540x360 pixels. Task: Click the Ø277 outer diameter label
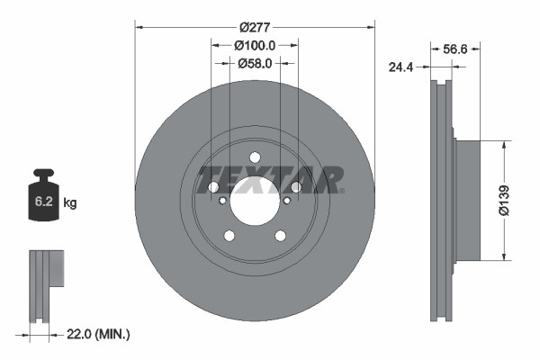click(255, 27)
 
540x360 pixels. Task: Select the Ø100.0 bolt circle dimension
click(255, 45)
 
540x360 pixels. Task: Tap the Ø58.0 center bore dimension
click(255, 63)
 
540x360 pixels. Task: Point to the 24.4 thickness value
click(400, 66)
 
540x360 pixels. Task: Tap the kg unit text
click(71, 203)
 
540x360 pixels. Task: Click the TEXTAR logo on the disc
click(270, 179)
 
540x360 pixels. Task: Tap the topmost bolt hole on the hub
click(255, 157)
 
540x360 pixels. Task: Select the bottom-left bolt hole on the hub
click(229, 236)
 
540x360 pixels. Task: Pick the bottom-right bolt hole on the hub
click(280, 236)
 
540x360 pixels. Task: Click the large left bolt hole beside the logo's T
click(213, 187)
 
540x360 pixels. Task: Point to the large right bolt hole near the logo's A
click(295, 187)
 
